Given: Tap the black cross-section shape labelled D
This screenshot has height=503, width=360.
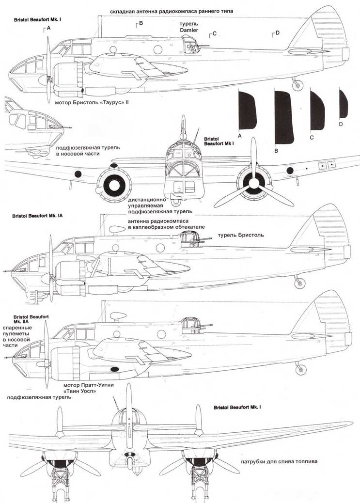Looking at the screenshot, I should [343, 104].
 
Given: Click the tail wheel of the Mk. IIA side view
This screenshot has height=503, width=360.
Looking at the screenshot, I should [299, 369].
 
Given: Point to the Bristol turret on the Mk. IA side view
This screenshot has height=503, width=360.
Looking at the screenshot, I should [188, 239].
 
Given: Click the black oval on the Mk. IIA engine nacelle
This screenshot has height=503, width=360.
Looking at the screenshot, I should [115, 370].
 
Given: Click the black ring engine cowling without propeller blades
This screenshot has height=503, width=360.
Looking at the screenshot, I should [115, 184].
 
